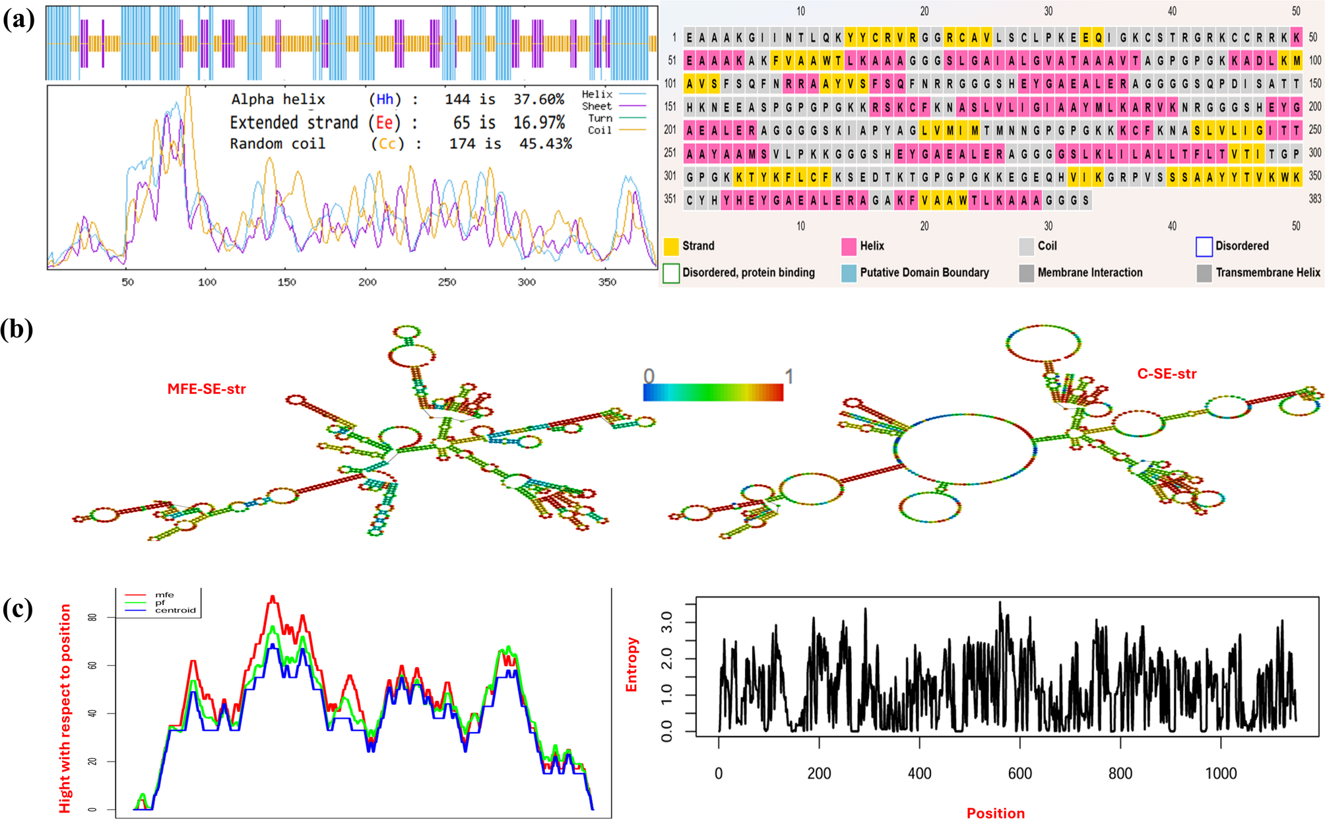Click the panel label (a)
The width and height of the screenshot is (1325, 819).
click(18, 20)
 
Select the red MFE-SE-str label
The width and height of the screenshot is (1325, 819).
click(207, 389)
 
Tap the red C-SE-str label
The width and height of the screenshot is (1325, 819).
click(1167, 374)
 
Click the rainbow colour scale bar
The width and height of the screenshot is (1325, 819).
click(713, 393)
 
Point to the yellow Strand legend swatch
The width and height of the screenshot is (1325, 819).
click(671, 246)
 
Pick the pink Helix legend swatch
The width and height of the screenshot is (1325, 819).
click(849, 246)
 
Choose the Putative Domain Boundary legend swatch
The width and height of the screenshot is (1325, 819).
click(849, 273)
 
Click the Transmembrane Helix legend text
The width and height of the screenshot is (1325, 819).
click(1268, 273)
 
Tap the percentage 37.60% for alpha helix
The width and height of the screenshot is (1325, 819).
click(538, 99)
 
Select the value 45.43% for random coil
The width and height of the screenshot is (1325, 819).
click(545, 143)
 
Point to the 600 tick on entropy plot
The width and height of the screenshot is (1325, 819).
click(1019, 773)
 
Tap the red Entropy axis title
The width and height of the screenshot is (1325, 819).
click(631, 664)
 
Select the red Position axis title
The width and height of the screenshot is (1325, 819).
click(995, 812)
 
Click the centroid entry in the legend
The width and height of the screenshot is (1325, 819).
click(175, 610)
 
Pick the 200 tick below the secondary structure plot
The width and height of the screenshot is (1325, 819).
click(367, 282)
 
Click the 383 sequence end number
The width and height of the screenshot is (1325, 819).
click(1314, 199)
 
